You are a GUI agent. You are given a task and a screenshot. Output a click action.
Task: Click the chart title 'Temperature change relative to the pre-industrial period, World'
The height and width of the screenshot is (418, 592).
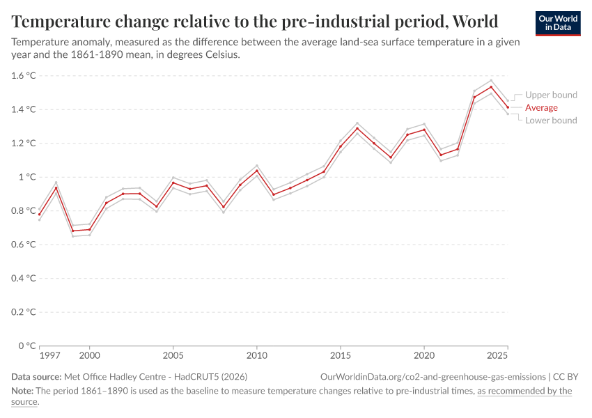255,20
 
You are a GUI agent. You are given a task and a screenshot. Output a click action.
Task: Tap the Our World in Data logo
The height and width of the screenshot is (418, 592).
558,22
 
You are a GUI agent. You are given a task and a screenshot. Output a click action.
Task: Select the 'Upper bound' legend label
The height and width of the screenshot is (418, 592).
551,95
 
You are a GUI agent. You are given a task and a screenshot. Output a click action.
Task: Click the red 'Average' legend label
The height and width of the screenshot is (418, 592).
541,107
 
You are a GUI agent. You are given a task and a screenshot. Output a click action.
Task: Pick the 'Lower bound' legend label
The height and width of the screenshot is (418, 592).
551,121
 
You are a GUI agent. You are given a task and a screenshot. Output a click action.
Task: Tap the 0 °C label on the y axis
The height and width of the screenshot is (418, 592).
26,346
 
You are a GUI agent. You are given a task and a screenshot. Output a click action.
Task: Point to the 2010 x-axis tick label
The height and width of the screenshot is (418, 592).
257,356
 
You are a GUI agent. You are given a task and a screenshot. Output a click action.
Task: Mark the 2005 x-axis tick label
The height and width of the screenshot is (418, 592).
173,356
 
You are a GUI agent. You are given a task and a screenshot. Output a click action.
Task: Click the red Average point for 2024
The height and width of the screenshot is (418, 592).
491,87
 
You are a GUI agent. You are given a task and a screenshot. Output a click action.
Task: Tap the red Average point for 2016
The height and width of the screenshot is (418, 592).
357,128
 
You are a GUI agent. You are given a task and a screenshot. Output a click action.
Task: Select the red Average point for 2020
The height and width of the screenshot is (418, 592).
424,130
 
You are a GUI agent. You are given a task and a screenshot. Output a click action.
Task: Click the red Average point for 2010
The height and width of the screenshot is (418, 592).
257,171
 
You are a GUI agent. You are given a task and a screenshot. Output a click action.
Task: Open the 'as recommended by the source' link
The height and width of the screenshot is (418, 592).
524,391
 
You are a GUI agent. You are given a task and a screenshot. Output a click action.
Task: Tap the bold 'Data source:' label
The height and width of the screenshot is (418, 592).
36,376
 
